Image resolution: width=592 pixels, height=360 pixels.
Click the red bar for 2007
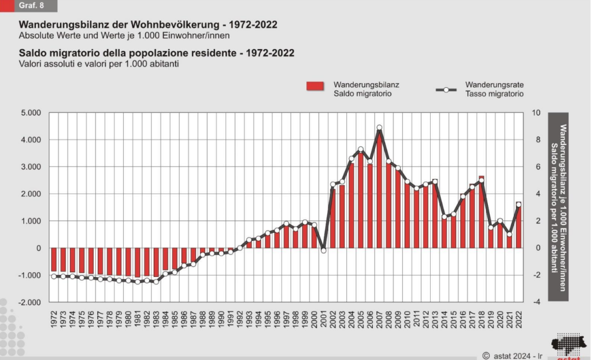pyautogui.click(x=379, y=191)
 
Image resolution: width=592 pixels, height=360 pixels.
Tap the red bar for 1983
pyautogui.click(x=156, y=263)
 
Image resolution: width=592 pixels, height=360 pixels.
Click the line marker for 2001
pyautogui.click(x=324, y=250)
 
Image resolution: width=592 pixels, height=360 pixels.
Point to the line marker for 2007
pyautogui.click(x=379, y=128)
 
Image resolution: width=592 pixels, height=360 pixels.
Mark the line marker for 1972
pyautogui.click(x=54, y=276)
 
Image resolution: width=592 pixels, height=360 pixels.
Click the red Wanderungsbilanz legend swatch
pyautogui.click(x=317, y=88)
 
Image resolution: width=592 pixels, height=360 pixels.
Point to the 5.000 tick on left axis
pyautogui.click(x=31, y=113)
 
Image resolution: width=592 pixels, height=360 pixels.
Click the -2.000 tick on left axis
pyautogui.click(x=30, y=302)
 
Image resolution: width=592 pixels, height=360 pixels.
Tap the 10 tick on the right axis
pyautogui.click(x=536, y=113)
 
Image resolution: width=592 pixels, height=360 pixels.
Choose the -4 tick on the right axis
pyautogui.click(x=536, y=302)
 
